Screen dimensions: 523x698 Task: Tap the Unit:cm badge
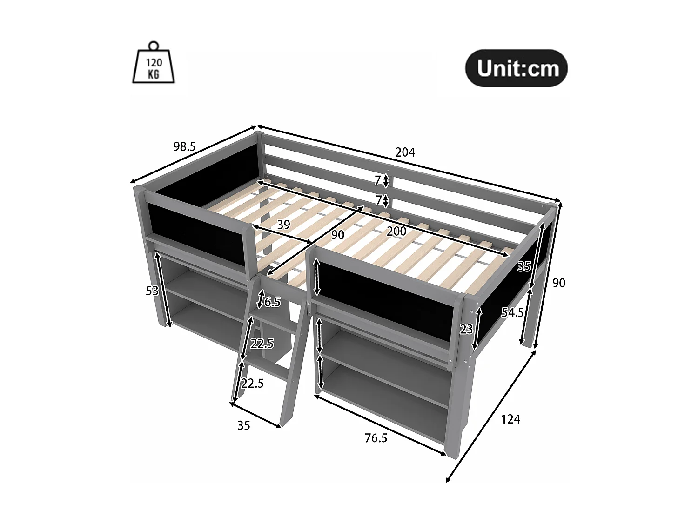pyautogui.click(x=517, y=68)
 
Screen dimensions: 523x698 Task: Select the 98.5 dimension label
pyautogui.click(x=185, y=147)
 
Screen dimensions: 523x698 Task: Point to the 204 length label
pyautogui.click(x=405, y=152)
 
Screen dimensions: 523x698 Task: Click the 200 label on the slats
pyautogui.click(x=396, y=231)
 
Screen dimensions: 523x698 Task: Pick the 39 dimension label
pyautogui.click(x=283, y=225)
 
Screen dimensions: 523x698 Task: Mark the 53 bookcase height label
pyautogui.click(x=152, y=291)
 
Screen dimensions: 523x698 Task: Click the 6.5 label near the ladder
pyautogui.click(x=272, y=302)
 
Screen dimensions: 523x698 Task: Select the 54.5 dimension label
pyautogui.click(x=512, y=313)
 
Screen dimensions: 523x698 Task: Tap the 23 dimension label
pyautogui.click(x=466, y=329)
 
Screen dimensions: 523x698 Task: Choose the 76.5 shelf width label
pyautogui.click(x=376, y=438)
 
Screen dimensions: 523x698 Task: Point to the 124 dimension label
pyautogui.click(x=510, y=419)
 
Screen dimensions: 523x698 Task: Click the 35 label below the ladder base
pyautogui.click(x=244, y=425)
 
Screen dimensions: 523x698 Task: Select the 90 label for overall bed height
pyautogui.click(x=558, y=283)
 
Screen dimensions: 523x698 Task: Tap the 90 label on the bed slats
pyautogui.click(x=338, y=235)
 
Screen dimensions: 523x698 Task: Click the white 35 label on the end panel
pyautogui.click(x=524, y=266)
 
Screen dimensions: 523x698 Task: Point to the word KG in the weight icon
pyautogui.click(x=154, y=74)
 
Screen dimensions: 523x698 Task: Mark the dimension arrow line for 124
pyautogui.click(x=491, y=416)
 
